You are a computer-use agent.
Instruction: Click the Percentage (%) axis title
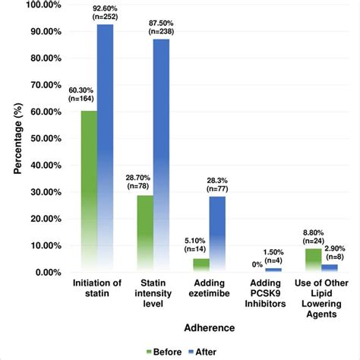point(16,138)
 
